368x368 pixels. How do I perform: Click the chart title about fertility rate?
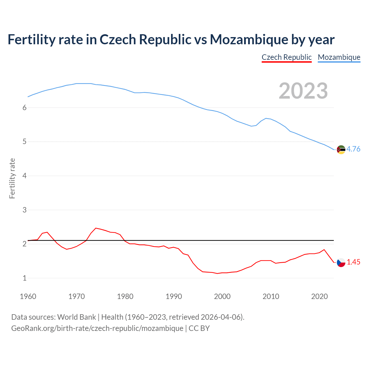pyautogui.click(x=171, y=39)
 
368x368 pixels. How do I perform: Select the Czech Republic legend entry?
pyautogui.click(x=286, y=57)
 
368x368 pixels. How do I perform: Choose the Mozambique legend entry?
pyautogui.click(x=339, y=57)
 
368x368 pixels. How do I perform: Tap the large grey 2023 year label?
pyautogui.click(x=303, y=91)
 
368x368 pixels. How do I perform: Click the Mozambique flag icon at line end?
pyautogui.click(x=341, y=149)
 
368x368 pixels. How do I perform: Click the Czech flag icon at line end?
pyautogui.click(x=341, y=262)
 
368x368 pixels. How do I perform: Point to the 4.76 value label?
pyautogui.click(x=353, y=149)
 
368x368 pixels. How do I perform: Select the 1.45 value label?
pyautogui.click(x=353, y=262)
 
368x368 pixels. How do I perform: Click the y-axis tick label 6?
pyautogui.click(x=24, y=108)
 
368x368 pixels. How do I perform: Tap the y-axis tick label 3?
pyautogui.click(x=24, y=210)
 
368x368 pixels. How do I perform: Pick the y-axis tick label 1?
pyautogui.click(x=24, y=278)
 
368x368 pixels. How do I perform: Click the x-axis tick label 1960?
pyautogui.click(x=28, y=296)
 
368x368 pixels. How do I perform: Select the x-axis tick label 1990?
pyautogui.click(x=174, y=296)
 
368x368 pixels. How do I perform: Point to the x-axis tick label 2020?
pyautogui.click(x=319, y=296)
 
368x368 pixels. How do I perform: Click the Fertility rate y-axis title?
pyautogui.click(x=12, y=178)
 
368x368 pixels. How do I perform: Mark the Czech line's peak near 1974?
pyautogui.click(x=96, y=228)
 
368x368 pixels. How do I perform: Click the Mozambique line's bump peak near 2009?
pyautogui.click(x=266, y=118)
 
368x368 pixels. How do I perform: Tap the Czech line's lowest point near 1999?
pyautogui.click(x=217, y=273)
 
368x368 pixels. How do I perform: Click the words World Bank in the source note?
pyautogui.click(x=76, y=317)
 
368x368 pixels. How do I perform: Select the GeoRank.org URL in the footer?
pyautogui.click(x=97, y=328)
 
